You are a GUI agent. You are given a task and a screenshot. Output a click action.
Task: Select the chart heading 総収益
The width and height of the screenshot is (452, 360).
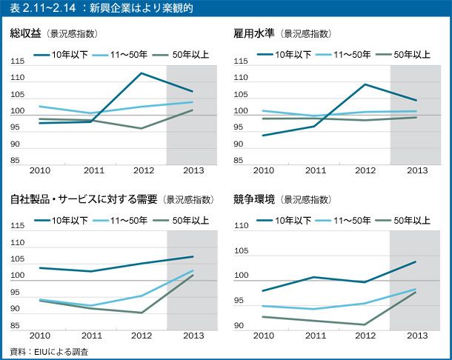click(25, 33)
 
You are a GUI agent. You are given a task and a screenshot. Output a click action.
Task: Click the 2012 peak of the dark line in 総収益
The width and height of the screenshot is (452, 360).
click(141, 73)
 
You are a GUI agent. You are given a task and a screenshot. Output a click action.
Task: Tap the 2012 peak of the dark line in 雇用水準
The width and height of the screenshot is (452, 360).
click(365, 84)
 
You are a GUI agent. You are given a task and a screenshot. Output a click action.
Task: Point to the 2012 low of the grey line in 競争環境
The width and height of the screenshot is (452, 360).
click(365, 324)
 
